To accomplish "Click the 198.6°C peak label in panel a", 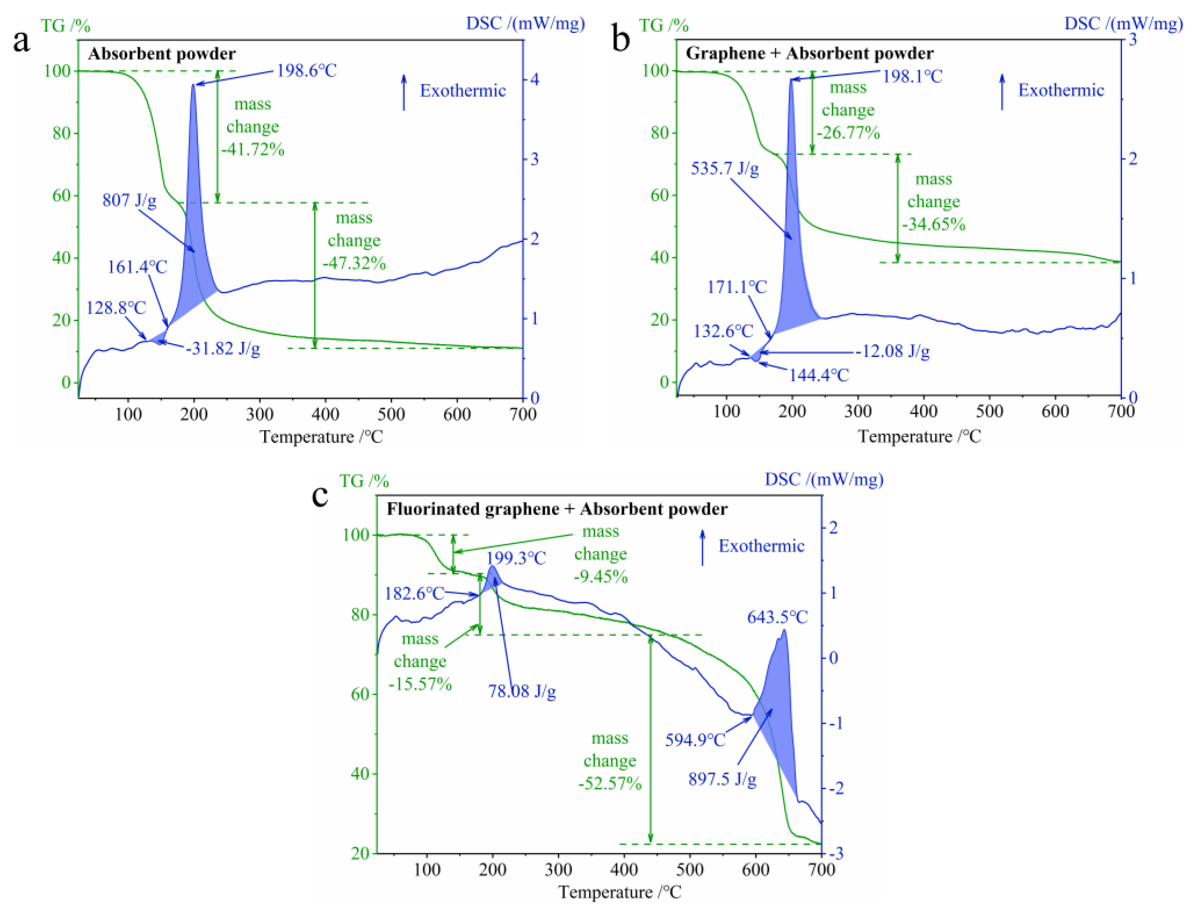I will tap(307, 70).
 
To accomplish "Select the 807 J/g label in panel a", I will tap(129, 200).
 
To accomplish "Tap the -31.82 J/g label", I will tap(223, 348).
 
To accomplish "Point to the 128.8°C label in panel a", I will tap(116, 308).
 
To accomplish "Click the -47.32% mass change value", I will tap(354, 263).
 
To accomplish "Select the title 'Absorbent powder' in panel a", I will tap(162, 54).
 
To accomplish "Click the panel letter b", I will tap(621, 39).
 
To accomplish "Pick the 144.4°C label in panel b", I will tap(818, 375).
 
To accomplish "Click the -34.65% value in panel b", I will tap(933, 224).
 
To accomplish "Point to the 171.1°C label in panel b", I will tap(736, 287).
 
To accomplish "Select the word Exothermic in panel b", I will tap(1061, 90).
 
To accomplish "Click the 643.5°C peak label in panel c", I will tap(777, 617).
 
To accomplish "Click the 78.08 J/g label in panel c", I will tap(521, 691).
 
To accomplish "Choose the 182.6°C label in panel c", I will tap(415, 593).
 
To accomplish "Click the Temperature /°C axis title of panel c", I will tap(619, 892).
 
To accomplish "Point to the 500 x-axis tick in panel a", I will tap(391, 415).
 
